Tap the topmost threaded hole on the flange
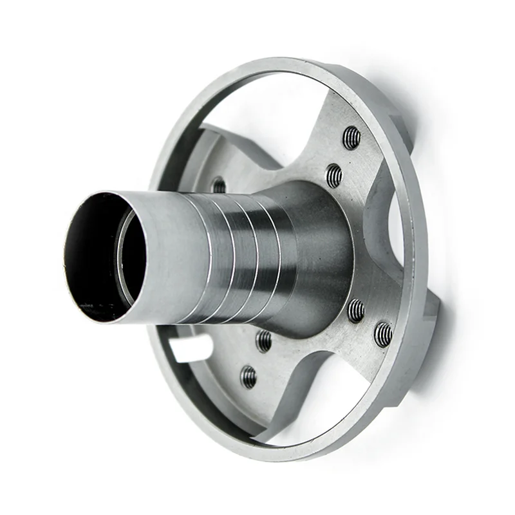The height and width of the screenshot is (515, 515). pos(351,137)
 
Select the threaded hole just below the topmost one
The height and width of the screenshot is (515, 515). pos(333,175)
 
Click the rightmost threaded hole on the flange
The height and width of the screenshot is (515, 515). pos(383,333)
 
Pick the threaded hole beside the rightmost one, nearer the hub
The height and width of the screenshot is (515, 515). pos(356,310)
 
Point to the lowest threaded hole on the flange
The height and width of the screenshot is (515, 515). pos(248,377)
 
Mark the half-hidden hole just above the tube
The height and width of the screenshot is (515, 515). pos(219,185)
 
